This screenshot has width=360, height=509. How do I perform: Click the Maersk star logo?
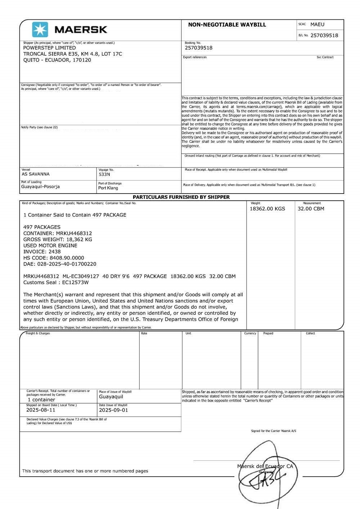coord(40,29)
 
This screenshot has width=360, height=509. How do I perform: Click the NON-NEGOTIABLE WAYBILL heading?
coord(227,25)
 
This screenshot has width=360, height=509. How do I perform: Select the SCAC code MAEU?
coord(317,24)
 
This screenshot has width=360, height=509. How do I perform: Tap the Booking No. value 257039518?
coord(198,48)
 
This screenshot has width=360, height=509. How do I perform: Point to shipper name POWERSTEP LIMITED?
coord(49,48)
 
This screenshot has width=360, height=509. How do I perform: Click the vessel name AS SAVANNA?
coord(36,174)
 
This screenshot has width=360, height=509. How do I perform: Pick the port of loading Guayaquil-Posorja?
coord(40,187)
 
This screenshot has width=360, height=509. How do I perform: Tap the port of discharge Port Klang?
coord(108,188)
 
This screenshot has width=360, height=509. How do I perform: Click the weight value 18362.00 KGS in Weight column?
coord(267,209)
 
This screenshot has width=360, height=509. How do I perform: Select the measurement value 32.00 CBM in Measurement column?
coord(311,209)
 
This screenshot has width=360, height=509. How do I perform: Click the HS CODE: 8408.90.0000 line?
coord(54,258)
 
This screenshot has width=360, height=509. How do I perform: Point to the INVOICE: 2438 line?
coord(42,252)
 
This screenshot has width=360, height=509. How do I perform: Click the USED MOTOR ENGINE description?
coord(50,246)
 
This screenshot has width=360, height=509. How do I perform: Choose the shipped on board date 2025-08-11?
coord(41,410)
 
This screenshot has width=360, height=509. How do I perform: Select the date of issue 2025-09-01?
coord(113,410)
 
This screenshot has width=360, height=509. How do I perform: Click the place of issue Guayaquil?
coord(111,397)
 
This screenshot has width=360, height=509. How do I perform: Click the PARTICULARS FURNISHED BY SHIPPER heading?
coord(181,197)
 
